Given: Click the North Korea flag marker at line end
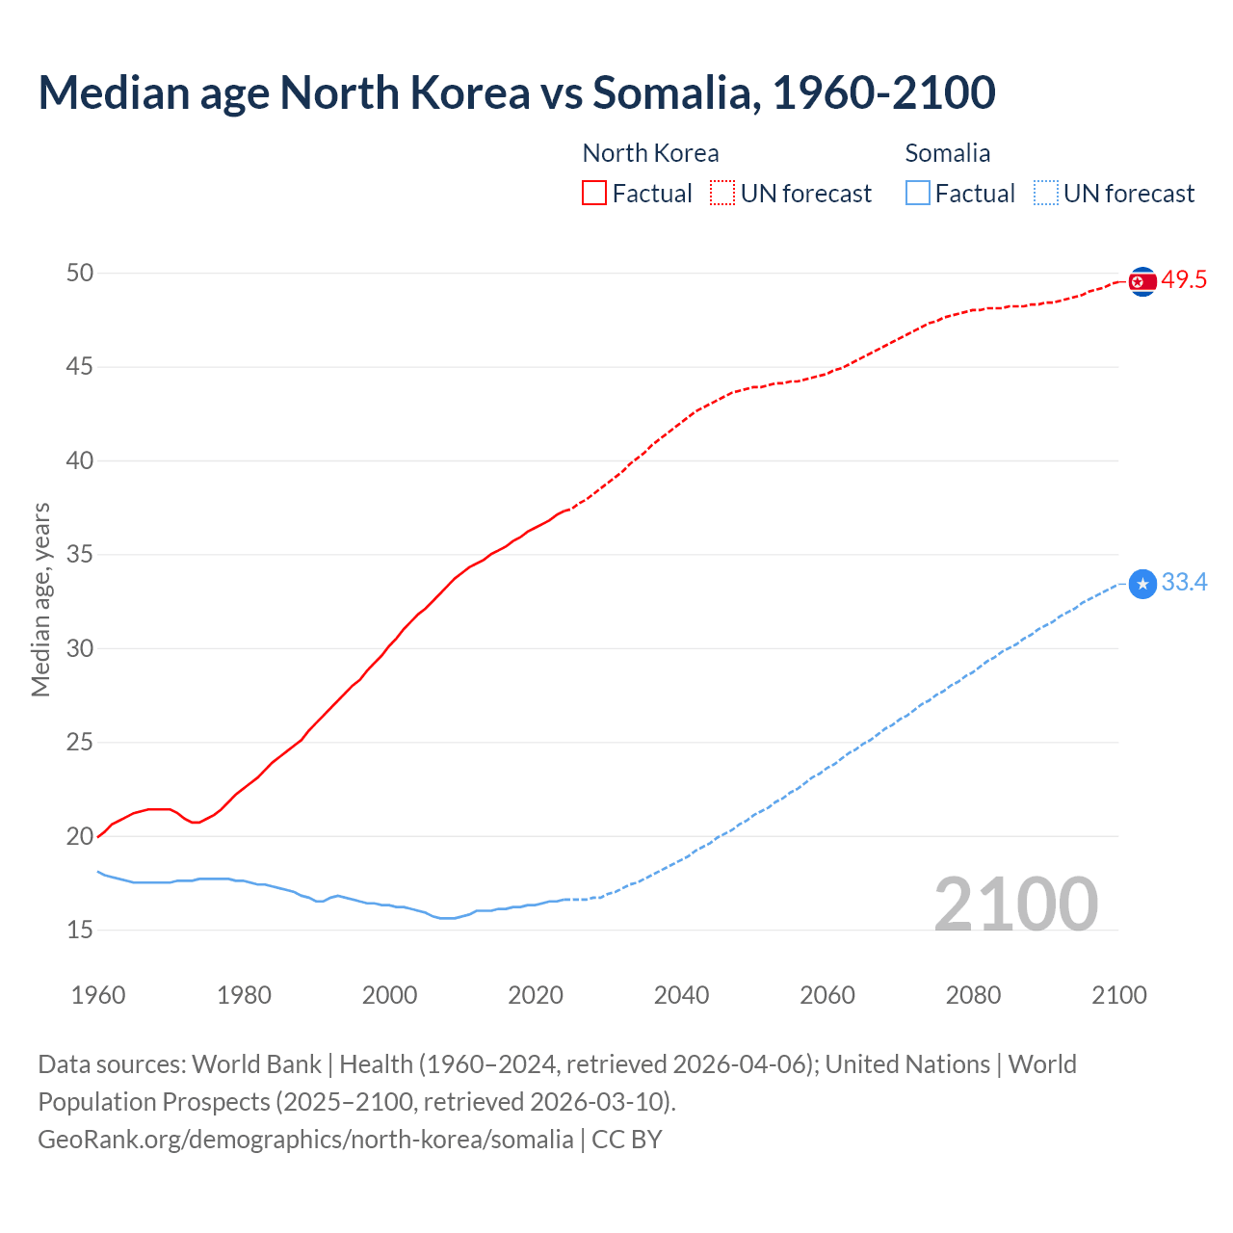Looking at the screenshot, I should coord(1141,281).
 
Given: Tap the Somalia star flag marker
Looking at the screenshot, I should coord(1141,584).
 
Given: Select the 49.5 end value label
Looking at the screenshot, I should coord(1184,280).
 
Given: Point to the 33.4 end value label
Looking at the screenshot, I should coord(1184,583).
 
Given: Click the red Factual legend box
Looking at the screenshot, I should coord(594,194).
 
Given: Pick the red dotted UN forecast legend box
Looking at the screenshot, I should coord(722,194).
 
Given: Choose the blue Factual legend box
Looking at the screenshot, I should coord(918,194).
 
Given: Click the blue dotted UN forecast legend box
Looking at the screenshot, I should coord(1046,194).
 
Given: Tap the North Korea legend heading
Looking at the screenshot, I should coord(650,153).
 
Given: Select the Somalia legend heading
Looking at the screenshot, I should coord(947,153).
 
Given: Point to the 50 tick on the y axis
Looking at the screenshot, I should coord(80,273).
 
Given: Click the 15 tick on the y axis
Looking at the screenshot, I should coord(80,930).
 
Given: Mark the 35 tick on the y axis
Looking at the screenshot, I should coord(80,555).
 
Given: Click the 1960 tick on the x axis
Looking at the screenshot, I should coord(98,995).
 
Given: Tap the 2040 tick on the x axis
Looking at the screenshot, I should coord(681,995).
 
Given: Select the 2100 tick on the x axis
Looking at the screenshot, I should coord(1118,995).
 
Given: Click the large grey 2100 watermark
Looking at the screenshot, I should coord(1015,904).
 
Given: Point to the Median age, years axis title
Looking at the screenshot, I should coord(40,599).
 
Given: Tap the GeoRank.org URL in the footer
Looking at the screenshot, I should coord(305,1140).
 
